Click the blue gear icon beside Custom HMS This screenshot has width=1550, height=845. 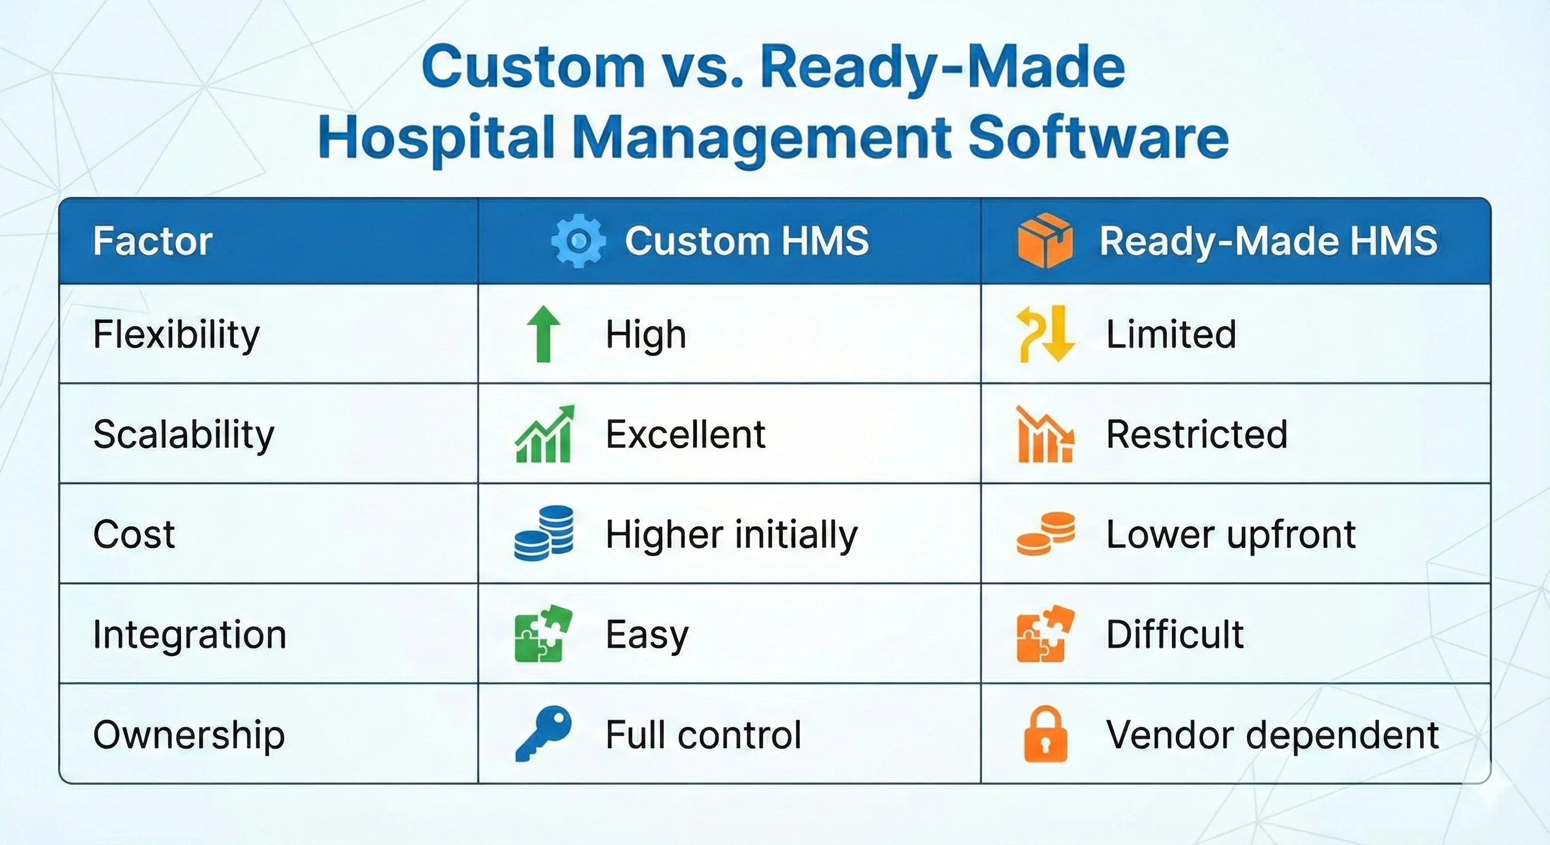(578, 241)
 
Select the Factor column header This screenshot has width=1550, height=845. (153, 241)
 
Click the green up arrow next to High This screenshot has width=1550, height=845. (543, 334)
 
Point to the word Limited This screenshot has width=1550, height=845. (1171, 334)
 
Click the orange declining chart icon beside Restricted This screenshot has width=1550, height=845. (1045, 434)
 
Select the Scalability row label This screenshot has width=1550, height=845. (183, 434)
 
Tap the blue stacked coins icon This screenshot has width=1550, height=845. (544, 534)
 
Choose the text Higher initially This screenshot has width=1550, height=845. (731, 535)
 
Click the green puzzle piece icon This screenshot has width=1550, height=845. (543, 634)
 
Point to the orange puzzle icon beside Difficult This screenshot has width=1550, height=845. (1045, 634)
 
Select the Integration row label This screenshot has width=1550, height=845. (189, 634)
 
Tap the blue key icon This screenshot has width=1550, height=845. (543, 733)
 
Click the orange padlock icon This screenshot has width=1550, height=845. (1045, 734)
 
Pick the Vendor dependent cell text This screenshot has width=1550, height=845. (1272, 735)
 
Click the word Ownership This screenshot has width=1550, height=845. (189, 735)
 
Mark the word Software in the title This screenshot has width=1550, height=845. (1098, 138)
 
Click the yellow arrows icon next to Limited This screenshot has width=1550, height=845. (1045, 334)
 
